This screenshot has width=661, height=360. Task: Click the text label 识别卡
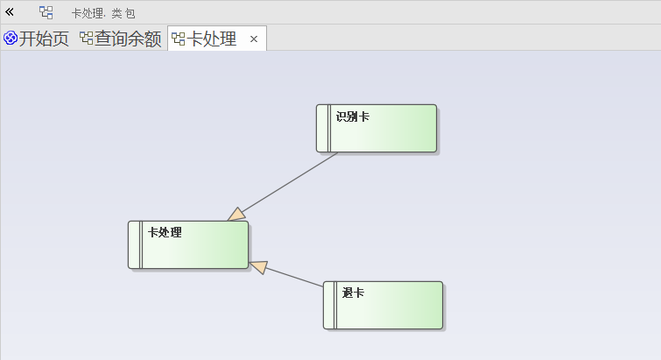pos(352,116)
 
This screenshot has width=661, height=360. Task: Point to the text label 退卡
pos(353,293)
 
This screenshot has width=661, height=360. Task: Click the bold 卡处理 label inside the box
pos(165,232)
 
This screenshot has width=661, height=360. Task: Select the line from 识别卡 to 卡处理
pos(289,182)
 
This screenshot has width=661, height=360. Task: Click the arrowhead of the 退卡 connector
pos(257,265)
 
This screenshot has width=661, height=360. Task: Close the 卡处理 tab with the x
pos(254,39)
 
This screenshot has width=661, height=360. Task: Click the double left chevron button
pos(11,12)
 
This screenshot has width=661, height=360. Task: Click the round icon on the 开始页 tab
pos(11,39)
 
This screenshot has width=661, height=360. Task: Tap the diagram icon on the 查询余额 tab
pos(86,39)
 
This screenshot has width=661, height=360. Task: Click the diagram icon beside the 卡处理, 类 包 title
pos(46,13)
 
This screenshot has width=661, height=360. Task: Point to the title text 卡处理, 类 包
pos(103,14)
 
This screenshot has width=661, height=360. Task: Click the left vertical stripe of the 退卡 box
pos(330,305)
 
